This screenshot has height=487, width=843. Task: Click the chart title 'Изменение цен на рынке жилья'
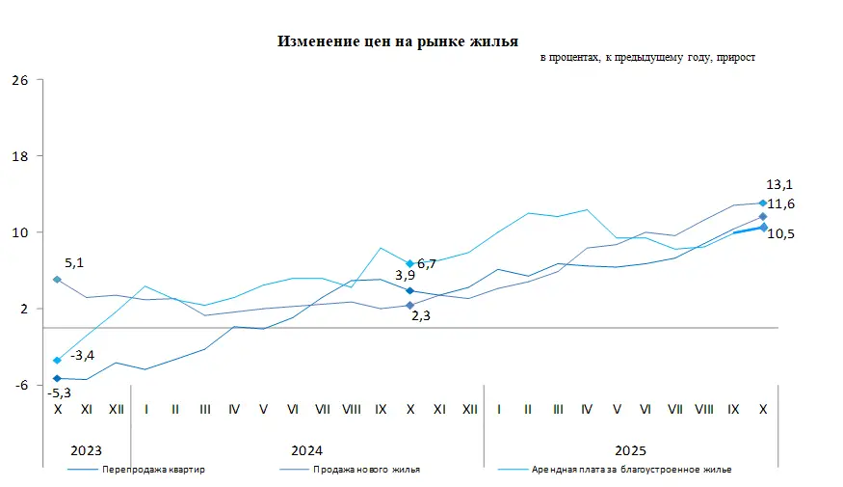[398, 41]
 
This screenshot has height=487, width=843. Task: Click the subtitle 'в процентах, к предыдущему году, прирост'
[647, 58]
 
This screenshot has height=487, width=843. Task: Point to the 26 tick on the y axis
[19, 80]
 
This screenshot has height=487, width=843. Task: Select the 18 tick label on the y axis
[19, 156]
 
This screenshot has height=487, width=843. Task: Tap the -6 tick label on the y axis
[19, 385]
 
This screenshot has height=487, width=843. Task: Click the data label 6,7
[427, 263]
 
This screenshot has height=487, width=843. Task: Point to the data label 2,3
[420, 315]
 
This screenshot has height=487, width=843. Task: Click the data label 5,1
[74, 262]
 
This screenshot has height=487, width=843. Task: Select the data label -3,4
[82, 356]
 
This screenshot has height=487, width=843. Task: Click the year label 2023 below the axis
[87, 450]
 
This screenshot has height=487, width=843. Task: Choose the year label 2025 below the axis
[631, 450]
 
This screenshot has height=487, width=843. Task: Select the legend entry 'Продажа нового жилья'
[366, 470]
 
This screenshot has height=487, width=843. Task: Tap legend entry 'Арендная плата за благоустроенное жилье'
[631, 470]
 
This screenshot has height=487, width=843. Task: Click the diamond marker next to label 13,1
[763, 203]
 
